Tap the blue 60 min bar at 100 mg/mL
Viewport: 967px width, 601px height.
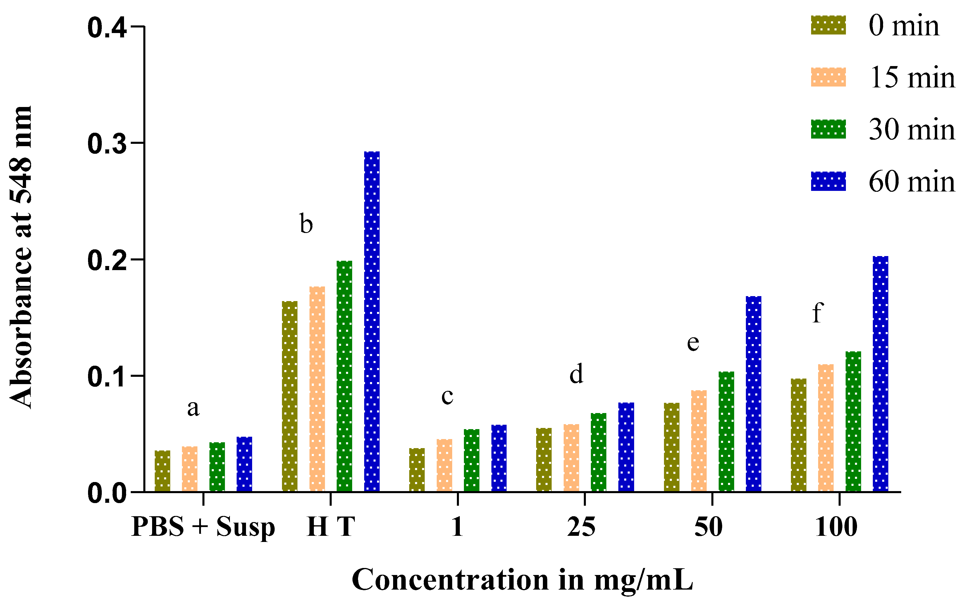880,374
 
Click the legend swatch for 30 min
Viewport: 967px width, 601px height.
828,129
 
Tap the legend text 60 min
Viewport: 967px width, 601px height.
912,182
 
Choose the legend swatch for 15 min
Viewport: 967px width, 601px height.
828,77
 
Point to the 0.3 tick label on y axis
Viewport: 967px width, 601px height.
106,144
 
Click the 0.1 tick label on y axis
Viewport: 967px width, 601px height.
106,377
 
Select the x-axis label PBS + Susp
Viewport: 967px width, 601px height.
203,527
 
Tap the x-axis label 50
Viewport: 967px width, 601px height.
708,527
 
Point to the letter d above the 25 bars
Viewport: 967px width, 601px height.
576,374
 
